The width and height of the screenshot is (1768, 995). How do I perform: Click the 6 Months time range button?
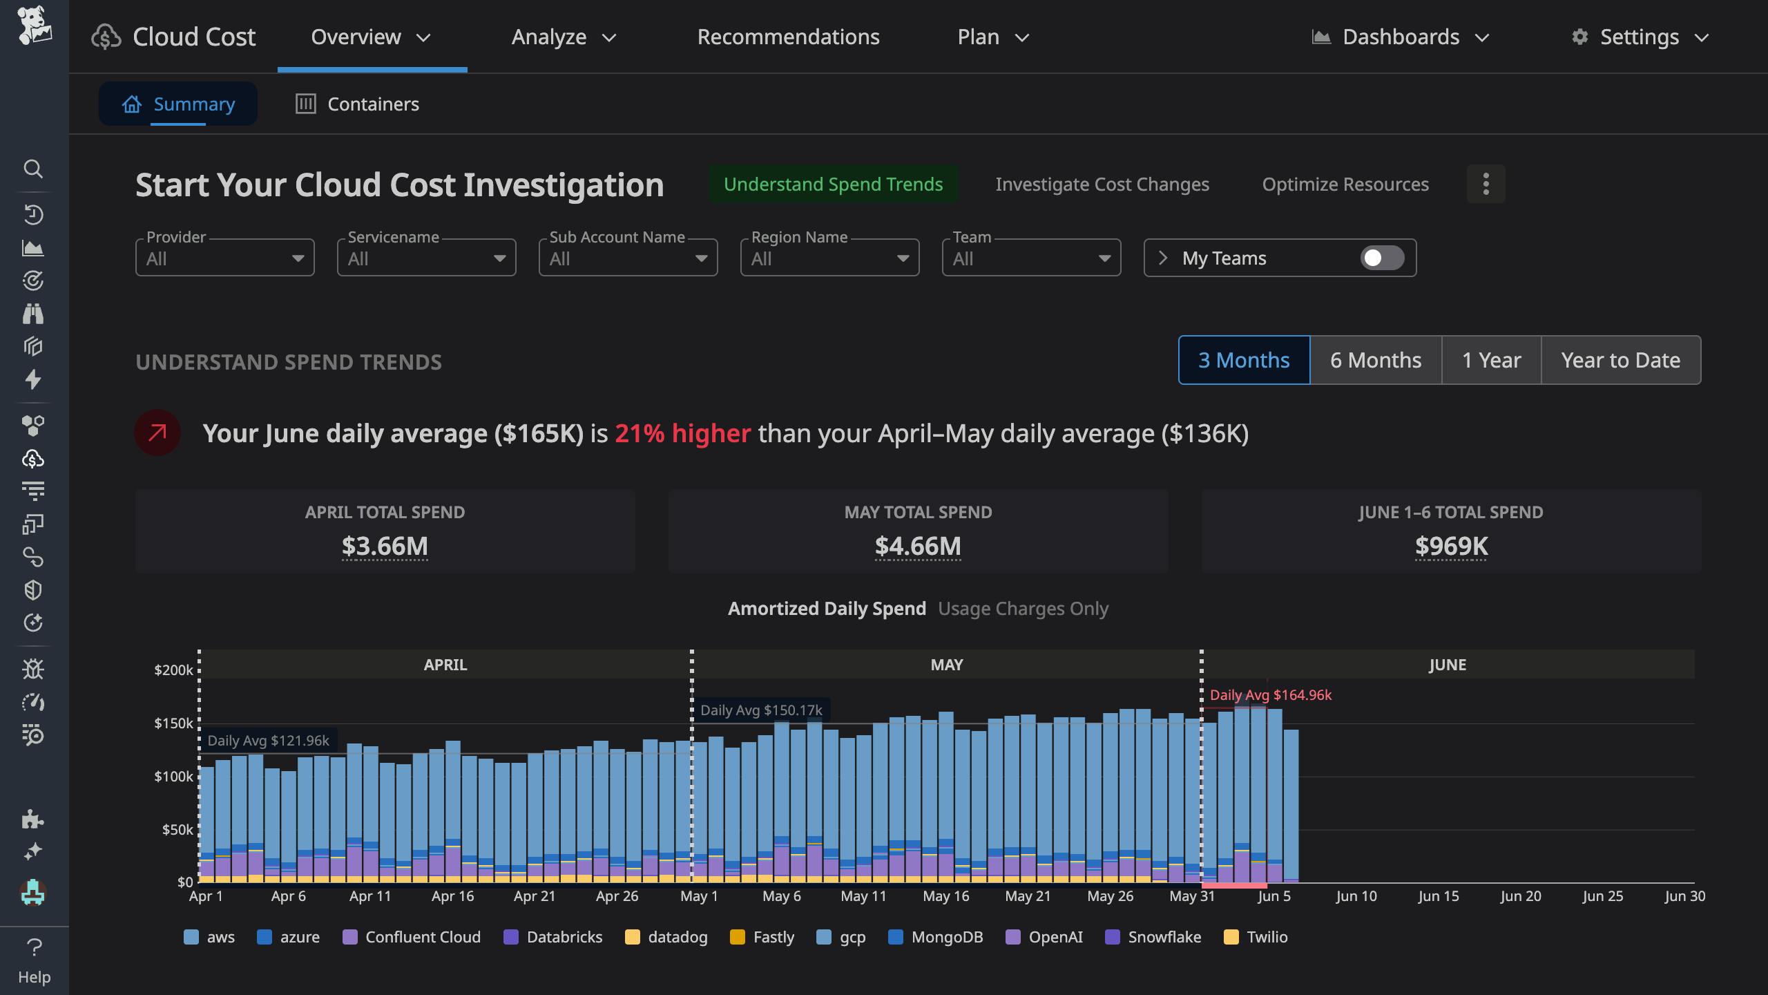(1375, 360)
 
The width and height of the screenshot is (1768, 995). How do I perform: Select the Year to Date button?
(1620, 360)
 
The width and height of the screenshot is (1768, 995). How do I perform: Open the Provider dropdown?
(224, 258)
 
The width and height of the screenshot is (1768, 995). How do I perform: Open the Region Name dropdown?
(829, 258)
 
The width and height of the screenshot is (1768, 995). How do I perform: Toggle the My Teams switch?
(1382, 258)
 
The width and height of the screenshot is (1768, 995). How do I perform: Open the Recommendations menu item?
(788, 37)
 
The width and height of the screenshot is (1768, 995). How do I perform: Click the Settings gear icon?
(1579, 37)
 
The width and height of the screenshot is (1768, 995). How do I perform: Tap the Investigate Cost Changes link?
(1102, 184)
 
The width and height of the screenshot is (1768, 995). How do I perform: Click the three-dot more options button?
(1486, 184)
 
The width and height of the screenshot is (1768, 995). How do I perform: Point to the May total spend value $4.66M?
(917, 546)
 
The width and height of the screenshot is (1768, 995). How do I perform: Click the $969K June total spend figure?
(1451, 546)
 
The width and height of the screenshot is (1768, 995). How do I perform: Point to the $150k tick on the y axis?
(173, 723)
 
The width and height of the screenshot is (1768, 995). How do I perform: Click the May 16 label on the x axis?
(945, 896)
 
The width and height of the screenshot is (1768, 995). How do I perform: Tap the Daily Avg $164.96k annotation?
(1270, 695)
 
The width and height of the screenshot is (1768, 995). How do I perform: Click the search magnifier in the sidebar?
(33, 169)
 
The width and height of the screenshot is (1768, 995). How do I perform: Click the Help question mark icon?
(34, 947)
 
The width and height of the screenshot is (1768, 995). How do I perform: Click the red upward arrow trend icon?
(157, 433)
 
